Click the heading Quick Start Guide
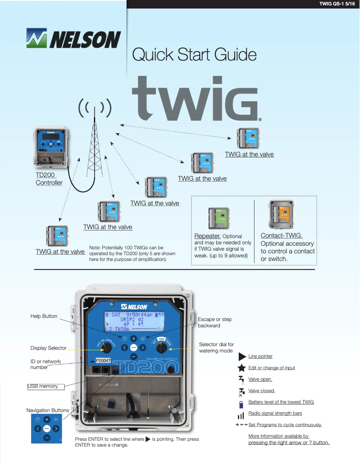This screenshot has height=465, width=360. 194,55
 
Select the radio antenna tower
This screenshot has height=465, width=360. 95,143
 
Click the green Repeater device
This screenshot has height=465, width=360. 219,218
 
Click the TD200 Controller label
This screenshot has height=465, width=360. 49,178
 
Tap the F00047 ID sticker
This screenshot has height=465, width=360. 104,360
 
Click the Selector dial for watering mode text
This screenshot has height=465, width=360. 216,347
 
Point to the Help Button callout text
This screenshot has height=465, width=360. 44,316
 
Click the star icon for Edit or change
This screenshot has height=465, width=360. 241,368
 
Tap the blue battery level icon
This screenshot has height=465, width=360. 241,403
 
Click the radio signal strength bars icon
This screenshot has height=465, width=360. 241,415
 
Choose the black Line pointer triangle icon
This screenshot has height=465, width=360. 241,356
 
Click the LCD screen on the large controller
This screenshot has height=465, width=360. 134,322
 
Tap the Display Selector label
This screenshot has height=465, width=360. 48,348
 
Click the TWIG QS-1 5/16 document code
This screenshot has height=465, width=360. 337,4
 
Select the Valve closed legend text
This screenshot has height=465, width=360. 262,391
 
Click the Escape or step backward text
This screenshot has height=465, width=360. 215,322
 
